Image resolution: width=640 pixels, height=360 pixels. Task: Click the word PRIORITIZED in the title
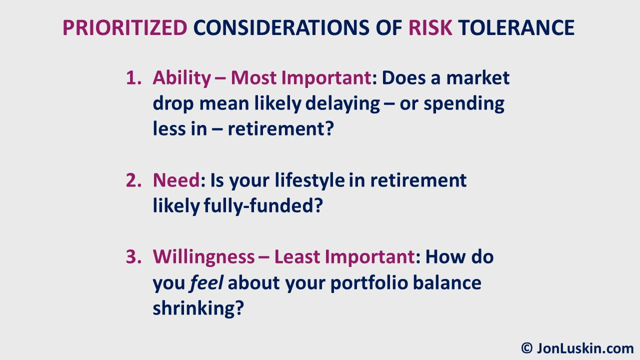click(x=125, y=27)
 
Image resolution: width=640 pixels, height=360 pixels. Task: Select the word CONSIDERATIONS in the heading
click(x=281, y=27)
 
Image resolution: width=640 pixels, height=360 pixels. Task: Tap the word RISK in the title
click(x=430, y=27)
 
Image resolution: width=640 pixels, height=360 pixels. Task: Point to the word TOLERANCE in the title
click(x=516, y=27)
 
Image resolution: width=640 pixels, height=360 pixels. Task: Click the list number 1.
click(x=133, y=77)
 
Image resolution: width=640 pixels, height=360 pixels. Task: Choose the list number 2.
click(x=133, y=180)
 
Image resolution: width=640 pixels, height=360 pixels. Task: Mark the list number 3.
click(x=133, y=256)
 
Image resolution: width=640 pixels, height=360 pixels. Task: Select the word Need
click(x=176, y=180)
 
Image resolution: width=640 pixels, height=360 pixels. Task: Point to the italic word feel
click(x=206, y=282)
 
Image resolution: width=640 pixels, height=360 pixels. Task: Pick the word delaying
click(x=342, y=104)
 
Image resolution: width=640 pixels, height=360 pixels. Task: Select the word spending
click(x=463, y=104)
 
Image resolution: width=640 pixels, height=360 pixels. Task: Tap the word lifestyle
click(x=309, y=181)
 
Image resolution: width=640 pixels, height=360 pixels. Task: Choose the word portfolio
click(x=369, y=283)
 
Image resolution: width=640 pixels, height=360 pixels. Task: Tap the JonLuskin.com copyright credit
click(x=577, y=348)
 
